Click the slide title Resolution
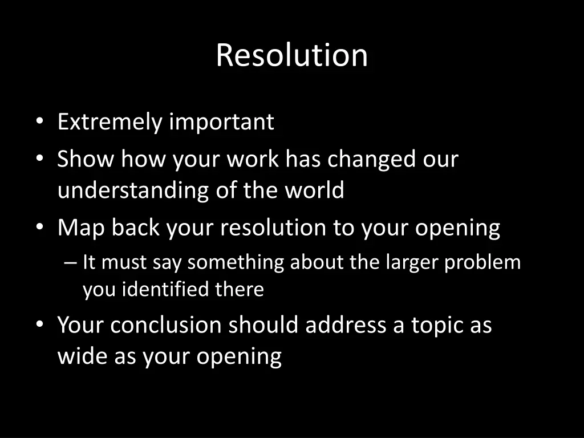click(291, 55)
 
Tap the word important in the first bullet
click(222, 122)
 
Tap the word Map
click(81, 228)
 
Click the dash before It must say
click(70, 262)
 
